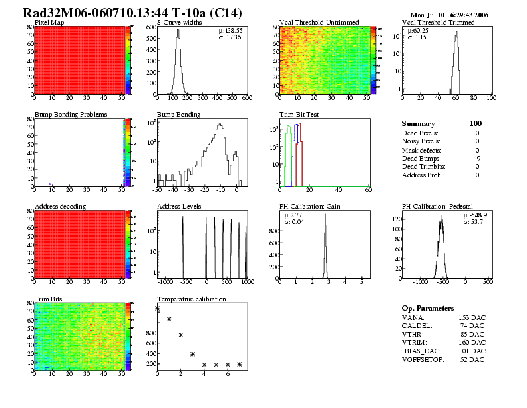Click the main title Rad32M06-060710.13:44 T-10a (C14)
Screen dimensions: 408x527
point(132,13)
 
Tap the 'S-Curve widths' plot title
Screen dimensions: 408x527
point(180,23)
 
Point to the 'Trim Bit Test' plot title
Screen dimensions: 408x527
point(299,115)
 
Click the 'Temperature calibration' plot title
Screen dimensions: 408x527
point(192,299)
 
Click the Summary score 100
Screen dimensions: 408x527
point(475,123)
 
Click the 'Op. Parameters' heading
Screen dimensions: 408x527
point(427,309)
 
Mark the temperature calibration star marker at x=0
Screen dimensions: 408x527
point(157,309)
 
